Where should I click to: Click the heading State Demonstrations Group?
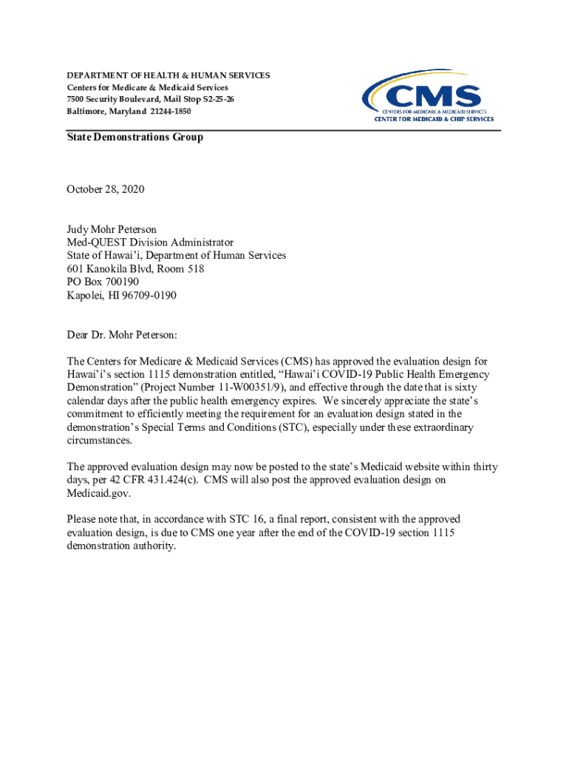coord(134,138)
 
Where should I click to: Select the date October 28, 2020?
coord(106,190)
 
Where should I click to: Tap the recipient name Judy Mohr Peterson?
coord(112,229)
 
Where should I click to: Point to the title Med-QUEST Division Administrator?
coord(150,242)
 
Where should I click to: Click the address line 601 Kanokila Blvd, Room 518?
coord(135,269)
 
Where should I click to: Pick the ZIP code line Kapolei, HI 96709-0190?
coord(122,296)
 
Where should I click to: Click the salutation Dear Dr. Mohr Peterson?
coord(122,335)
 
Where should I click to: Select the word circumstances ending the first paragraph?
coord(100,441)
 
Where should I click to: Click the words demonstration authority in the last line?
coord(121,546)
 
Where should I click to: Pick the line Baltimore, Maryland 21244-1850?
coord(129,111)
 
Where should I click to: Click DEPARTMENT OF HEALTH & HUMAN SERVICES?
coord(168,75)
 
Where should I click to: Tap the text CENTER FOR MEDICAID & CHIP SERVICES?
coord(435,119)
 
